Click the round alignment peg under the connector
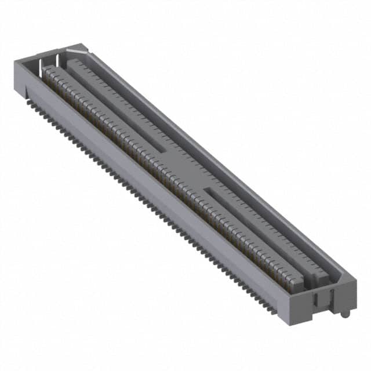pyautogui.click(x=345, y=314)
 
